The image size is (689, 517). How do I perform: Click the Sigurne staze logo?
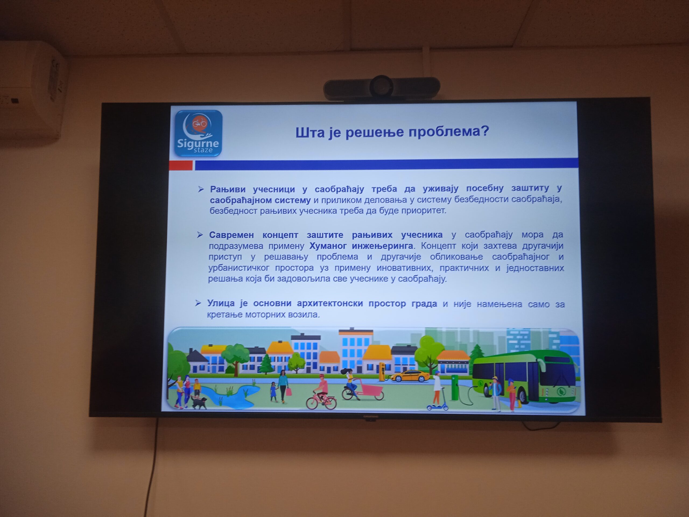(198, 133)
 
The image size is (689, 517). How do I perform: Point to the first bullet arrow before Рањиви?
(201, 189)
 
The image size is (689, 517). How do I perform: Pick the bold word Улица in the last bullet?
(221, 303)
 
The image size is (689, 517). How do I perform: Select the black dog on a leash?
(199, 402)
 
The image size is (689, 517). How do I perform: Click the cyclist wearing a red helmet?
(321, 392)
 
